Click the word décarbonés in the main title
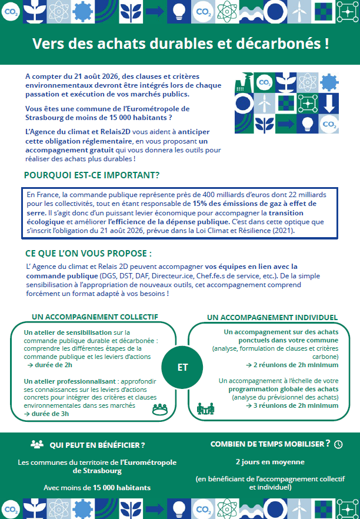pos(281,44)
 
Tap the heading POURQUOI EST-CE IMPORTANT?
pos(92,175)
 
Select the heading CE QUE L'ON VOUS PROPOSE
pos(88,254)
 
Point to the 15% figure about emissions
pos(201,204)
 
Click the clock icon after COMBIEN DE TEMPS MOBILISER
pos(338,444)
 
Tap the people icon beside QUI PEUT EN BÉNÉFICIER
pos(37,444)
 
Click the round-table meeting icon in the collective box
pos(160,410)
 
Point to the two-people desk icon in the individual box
pos(204,407)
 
